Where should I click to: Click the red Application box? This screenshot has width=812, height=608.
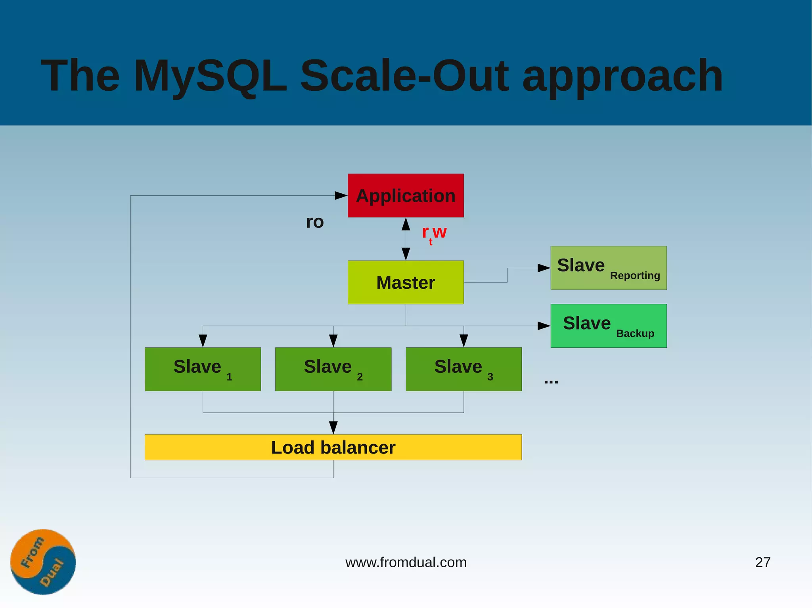click(406, 195)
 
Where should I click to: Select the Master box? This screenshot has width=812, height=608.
click(406, 282)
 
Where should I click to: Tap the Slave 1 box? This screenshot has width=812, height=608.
click(203, 369)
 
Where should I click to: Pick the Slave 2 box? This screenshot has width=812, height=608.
click(333, 369)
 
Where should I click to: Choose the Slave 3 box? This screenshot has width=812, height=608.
click(463, 369)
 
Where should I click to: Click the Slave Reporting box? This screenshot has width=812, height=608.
click(608, 268)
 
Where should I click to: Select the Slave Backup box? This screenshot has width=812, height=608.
click(608, 326)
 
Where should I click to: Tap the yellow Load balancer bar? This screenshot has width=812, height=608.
click(333, 447)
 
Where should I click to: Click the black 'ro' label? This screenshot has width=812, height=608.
click(315, 222)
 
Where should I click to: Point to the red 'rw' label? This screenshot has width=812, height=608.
click(435, 233)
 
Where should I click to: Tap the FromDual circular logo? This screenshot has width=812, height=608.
click(43, 562)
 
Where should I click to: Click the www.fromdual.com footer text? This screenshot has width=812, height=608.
click(406, 562)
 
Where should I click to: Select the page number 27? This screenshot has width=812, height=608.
click(762, 562)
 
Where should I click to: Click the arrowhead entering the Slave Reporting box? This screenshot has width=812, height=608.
click(544, 268)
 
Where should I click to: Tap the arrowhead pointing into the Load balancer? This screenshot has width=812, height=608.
click(333, 427)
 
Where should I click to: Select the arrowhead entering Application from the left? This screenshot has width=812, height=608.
click(341, 195)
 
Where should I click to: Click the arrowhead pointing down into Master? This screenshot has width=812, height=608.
click(406, 253)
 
